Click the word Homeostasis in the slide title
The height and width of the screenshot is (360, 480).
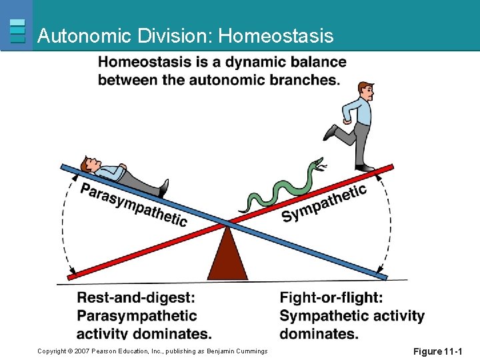pyautogui.click(x=276, y=35)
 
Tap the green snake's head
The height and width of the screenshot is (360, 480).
pyautogui.click(x=320, y=163)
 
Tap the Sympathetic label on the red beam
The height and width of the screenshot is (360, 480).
pyautogui.click(x=324, y=203)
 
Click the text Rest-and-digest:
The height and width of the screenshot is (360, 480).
pyautogui.click(x=136, y=298)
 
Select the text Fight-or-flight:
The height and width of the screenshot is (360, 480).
pyautogui.click(x=331, y=298)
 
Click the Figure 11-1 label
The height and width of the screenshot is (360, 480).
pyautogui.click(x=437, y=351)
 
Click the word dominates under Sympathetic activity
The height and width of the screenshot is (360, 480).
pyautogui.click(x=319, y=333)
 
